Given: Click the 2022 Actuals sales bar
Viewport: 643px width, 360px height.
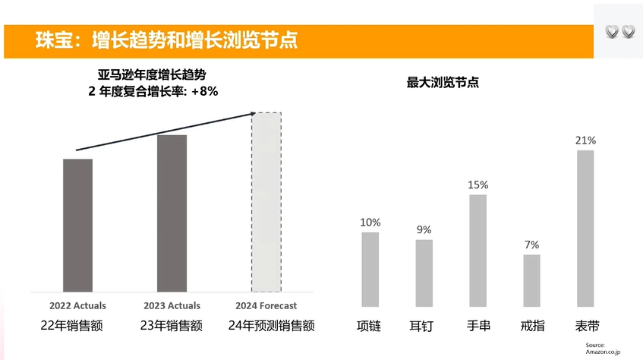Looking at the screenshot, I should tap(77, 225).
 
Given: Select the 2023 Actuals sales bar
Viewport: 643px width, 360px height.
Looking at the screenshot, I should tap(172, 213).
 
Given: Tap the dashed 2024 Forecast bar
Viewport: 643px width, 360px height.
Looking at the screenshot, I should tap(266, 202).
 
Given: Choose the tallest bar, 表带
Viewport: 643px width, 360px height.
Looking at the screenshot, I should tap(585, 227).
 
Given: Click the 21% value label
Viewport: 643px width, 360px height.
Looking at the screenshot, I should tap(585, 141).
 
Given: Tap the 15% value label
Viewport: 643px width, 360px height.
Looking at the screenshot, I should tap(478, 185).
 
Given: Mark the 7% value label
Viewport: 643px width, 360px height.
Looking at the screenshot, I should tap(531, 245).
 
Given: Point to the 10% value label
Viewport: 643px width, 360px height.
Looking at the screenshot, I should tap(370, 223).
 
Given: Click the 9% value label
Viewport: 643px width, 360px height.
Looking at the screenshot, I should tap(424, 229).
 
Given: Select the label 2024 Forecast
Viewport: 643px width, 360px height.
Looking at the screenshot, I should tap(266, 305).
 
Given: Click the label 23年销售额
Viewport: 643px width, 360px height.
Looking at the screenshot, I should tap(172, 326).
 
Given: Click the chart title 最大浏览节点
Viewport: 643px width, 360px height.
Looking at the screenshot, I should tap(443, 83).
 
